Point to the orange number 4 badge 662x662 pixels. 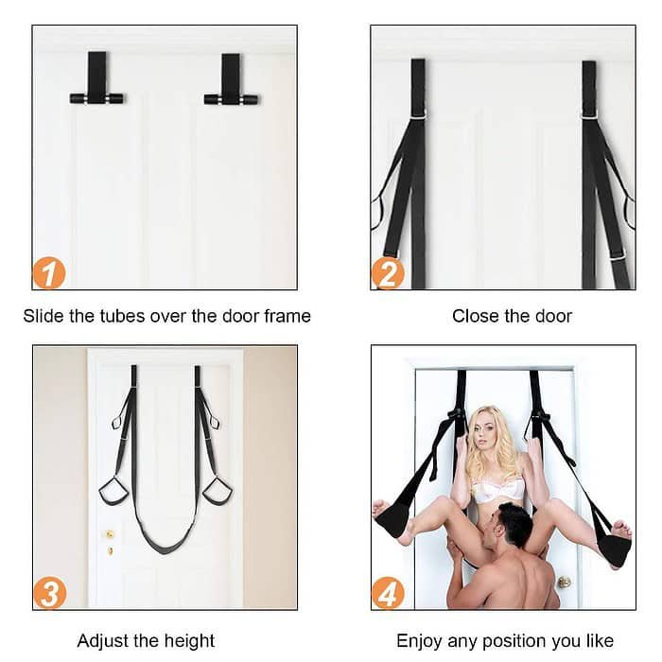click(388, 593)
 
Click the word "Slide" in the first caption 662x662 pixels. click(43, 316)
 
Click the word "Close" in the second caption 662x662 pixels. click(476, 316)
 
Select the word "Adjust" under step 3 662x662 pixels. click(104, 641)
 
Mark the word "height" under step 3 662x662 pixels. click(189, 641)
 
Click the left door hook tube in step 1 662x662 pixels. click(96, 98)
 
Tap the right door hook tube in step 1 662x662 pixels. click(231, 98)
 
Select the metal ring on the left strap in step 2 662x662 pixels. click(418, 114)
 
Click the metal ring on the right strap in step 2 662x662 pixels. click(588, 114)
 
